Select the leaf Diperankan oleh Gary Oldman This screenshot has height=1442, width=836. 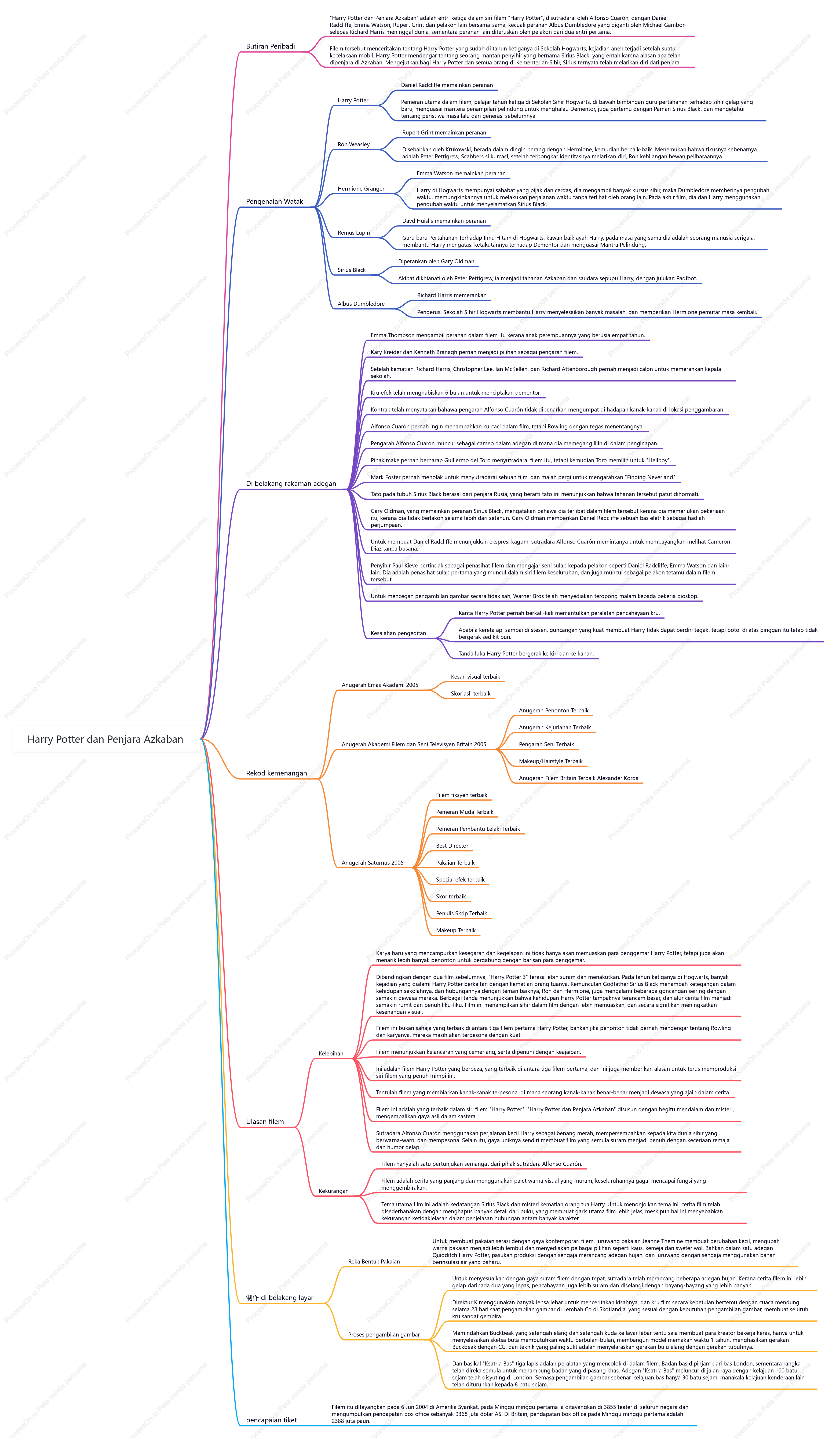pos(436,261)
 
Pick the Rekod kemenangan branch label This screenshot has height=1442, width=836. pos(276,773)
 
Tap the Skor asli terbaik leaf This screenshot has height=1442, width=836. pos(470,694)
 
